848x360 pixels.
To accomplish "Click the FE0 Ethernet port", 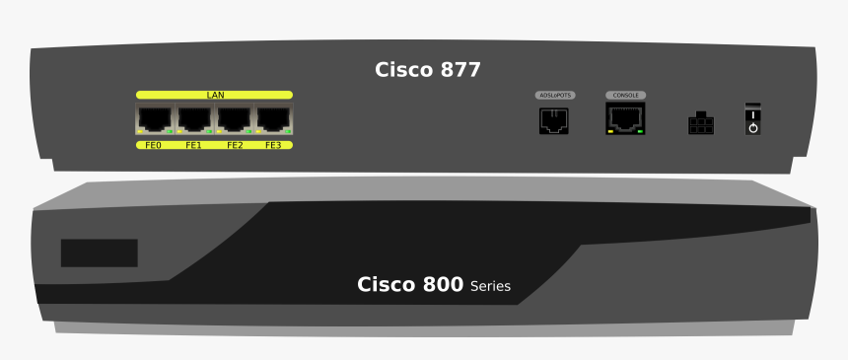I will [155, 119].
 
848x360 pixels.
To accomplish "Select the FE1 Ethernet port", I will [194, 119].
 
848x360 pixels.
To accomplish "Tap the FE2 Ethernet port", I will [234, 119].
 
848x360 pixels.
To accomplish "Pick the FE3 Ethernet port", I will [273, 119].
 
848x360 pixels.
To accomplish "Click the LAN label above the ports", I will [215, 95].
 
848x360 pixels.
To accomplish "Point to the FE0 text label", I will [153, 145].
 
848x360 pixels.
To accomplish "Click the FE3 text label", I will [273, 145].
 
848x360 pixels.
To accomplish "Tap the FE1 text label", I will [193, 145].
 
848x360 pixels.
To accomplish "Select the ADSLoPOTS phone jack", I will [554, 120].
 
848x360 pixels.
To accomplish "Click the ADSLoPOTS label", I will [554, 96].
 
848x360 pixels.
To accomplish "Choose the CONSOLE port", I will [625, 118].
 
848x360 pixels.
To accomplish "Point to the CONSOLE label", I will [625, 96].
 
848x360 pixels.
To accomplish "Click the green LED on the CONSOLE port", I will [641, 130].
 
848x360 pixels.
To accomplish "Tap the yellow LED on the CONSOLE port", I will [610, 130].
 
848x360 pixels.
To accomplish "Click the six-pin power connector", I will [700, 123].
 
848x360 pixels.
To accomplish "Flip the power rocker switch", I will [752, 118].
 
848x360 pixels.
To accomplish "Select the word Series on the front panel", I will [490, 287].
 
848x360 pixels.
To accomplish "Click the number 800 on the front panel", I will [437, 285].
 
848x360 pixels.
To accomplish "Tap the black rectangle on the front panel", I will [99, 252].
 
